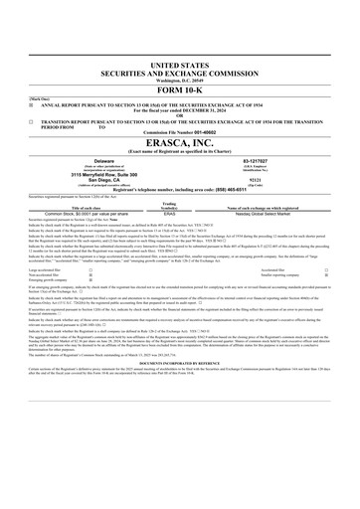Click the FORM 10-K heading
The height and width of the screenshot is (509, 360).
180,86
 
